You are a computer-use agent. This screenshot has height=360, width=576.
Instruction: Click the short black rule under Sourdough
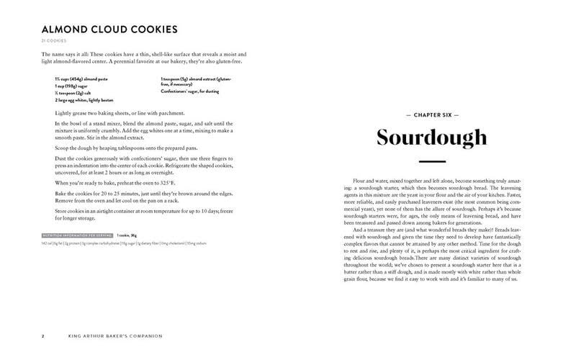(x=432, y=161)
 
